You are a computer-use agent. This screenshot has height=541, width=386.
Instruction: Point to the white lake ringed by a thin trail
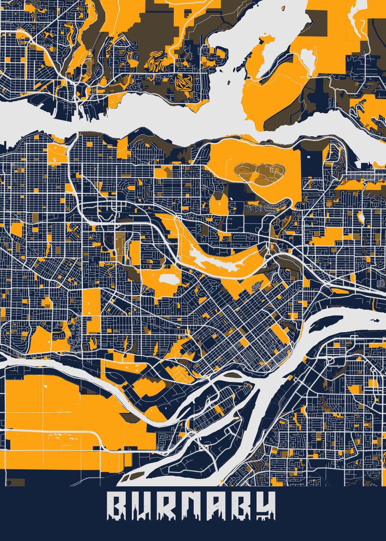click(x=307, y=59)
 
